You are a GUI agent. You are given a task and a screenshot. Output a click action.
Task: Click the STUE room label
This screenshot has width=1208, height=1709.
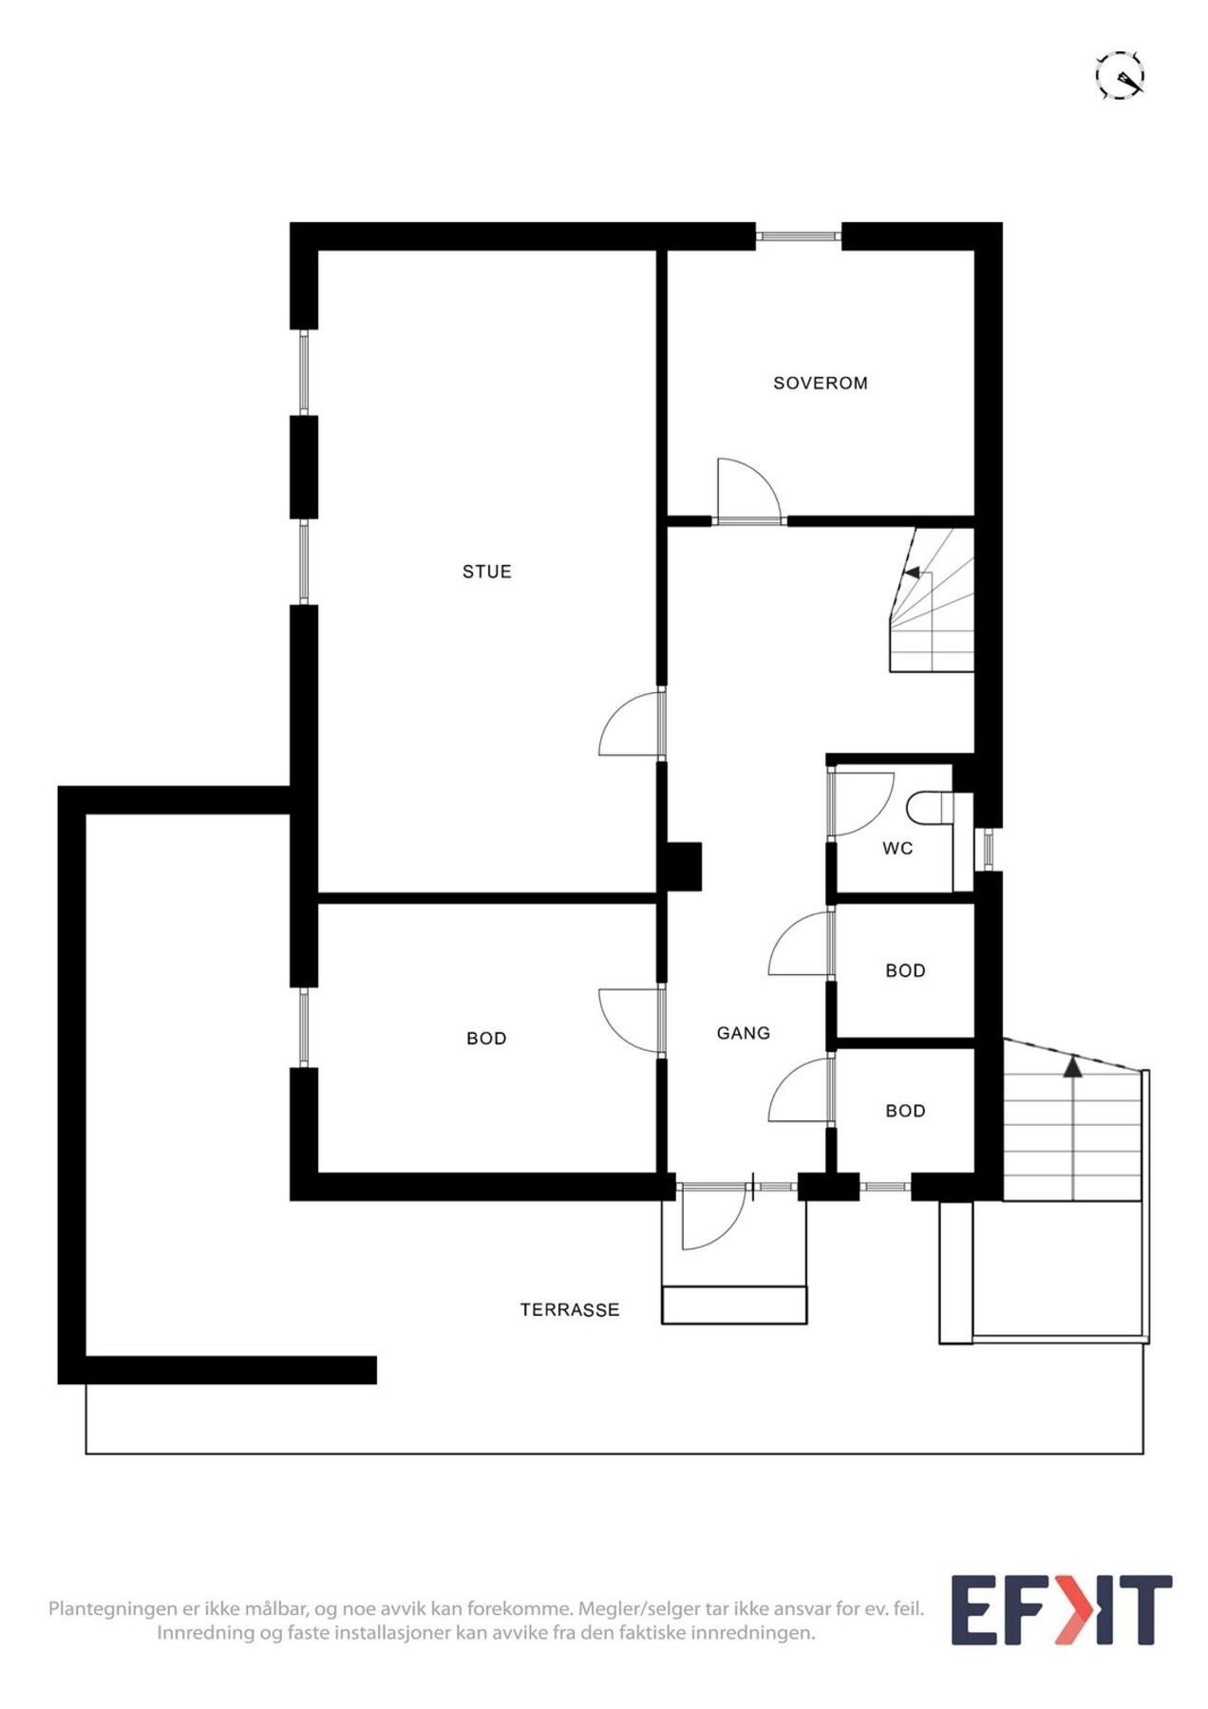click(x=486, y=572)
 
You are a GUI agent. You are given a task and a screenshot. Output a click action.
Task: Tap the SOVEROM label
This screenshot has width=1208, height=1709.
click(x=820, y=384)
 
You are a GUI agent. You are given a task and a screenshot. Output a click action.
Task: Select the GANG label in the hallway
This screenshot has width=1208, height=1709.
click(x=743, y=1033)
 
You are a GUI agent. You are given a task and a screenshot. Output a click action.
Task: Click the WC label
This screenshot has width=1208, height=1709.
click(x=897, y=848)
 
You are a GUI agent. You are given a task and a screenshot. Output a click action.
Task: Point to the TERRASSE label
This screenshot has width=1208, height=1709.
click(x=569, y=1310)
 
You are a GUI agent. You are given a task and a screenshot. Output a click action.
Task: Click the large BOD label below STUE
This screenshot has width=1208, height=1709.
click(x=486, y=1039)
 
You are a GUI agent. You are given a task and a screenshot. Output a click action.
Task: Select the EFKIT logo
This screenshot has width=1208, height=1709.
click(x=1061, y=1609)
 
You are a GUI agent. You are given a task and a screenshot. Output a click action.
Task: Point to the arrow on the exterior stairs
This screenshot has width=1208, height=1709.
click(x=1072, y=1067)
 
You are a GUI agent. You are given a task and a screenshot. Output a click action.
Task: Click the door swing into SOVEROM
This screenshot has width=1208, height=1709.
click(x=746, y=489)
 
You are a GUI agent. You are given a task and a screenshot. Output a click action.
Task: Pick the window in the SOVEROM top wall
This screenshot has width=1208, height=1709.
click(x=798, y=235)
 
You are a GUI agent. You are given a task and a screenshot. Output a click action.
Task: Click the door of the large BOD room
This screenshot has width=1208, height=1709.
click(x=629, y=1020)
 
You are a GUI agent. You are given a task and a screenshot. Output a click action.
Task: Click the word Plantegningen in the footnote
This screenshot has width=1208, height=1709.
click(x=113, y=1608)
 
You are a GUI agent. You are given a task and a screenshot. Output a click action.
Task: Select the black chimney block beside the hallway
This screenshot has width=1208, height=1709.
click(x=682, y=866)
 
